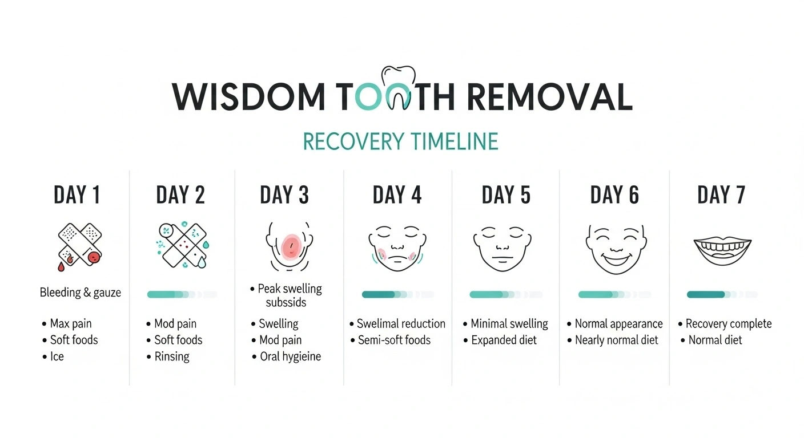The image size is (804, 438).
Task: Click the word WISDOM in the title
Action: (248, 97)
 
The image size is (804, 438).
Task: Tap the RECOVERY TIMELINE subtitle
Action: (400, 141)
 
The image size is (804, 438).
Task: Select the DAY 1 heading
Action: (77, 194)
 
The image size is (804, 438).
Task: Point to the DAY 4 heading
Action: (397, 194)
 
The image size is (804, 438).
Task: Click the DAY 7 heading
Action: (721, 194)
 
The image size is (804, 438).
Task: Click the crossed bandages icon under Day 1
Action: (80, 246)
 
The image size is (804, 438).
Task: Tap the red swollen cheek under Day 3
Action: (291, 246)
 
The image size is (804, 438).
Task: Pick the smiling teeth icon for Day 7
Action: (722, 252)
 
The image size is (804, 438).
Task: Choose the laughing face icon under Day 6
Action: (616, 249)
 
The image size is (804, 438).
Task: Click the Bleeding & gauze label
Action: (81, 293)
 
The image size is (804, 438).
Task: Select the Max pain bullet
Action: (67, 324)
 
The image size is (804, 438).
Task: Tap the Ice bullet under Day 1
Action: (53, 356)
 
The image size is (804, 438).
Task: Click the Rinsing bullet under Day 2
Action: (168, 356)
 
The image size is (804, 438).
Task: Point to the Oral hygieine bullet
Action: (287, 356)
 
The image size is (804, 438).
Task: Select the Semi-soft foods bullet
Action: (391, 340)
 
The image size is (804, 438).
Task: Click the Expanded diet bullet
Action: (500, 340)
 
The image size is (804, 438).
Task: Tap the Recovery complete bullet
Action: (725, 324)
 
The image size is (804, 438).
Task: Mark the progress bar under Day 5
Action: (506, 295)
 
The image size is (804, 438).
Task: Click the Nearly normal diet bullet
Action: (613, 340)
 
